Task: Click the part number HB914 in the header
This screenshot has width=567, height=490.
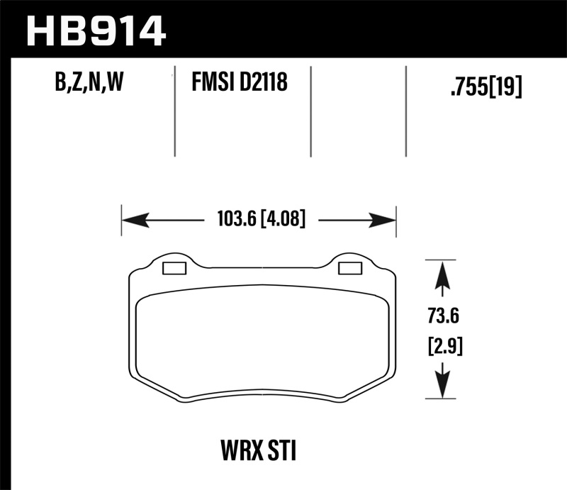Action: point(96,30)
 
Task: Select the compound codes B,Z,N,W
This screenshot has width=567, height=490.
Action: point(89,84)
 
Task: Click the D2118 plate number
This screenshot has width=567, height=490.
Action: point(264,84)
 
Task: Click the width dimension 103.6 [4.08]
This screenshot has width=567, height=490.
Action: point(258,221)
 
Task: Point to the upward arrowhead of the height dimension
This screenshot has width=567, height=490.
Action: point(442,273)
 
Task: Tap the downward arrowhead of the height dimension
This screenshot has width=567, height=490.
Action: point(442,386)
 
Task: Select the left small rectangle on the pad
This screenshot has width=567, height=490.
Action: point(174,268)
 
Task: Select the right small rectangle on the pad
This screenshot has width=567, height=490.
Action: point(349,268)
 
